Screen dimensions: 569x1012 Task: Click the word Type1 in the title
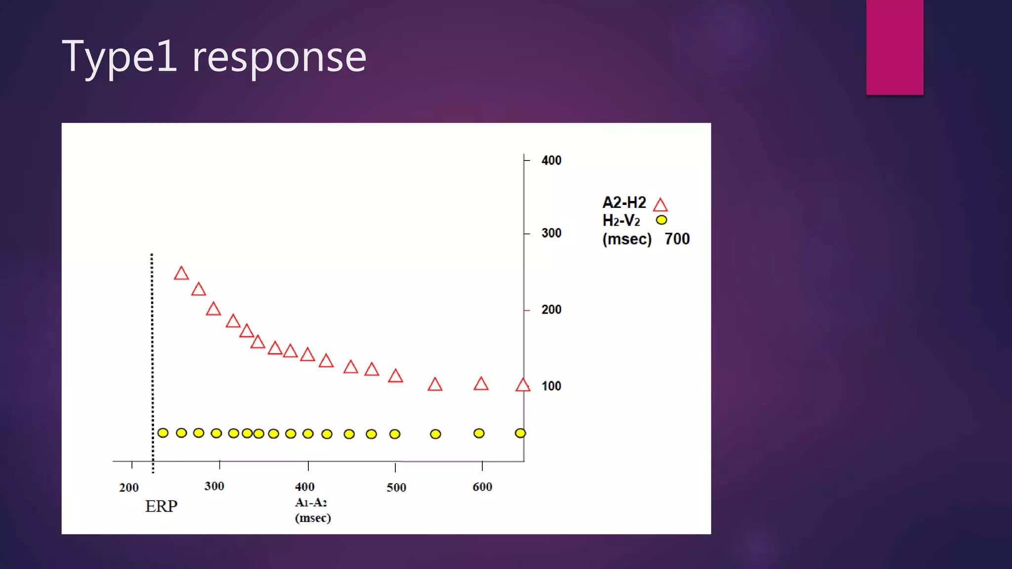(119, 57)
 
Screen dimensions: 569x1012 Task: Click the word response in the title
(279, 58)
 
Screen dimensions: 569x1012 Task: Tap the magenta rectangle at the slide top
(894, 47)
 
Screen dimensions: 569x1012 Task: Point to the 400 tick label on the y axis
(551, 161)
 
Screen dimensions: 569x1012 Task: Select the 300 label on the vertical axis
(551, 233)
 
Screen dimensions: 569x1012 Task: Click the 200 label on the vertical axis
(551, 310)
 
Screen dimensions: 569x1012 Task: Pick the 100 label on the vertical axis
(551, 386)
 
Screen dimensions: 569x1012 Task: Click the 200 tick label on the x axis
(128, 488)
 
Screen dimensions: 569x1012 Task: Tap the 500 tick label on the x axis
(396, 488)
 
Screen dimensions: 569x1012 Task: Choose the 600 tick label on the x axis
(482, 487)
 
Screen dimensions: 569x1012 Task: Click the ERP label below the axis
(161, 506)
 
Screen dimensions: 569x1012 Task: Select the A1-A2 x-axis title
(311, 502)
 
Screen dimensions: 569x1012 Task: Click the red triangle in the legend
(660, 205)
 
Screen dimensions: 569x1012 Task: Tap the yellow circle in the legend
(661, 220)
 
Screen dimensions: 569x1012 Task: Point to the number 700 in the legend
(676, 239)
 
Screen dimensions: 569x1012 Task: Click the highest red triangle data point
(181, 274)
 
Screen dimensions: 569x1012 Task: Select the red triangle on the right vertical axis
(523, 385)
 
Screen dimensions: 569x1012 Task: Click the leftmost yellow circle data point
(163, 433)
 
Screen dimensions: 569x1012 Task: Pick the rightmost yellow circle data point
(520, 433)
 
